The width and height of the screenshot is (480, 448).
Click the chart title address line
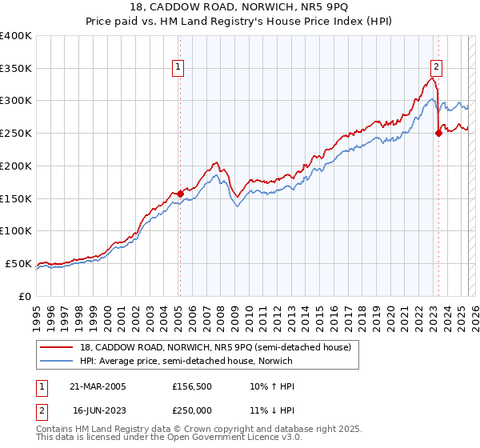click(x=239, y=9)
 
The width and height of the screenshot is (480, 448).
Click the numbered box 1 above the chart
click(x=177, y=67)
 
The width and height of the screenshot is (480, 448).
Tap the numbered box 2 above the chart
click(x=437, y=67)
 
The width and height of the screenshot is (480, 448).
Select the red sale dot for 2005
click(x=180, y=193)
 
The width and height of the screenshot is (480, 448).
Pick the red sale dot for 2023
click(x=438, y=133)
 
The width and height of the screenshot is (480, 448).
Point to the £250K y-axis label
click(x=15, y=133)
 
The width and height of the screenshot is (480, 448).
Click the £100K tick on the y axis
click(x=15, y=230)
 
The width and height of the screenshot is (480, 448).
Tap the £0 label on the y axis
click(x=24, y=296)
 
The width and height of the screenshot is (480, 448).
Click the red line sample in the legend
click(x=56, y=347)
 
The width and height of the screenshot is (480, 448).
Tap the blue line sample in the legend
click(x=56, y=361)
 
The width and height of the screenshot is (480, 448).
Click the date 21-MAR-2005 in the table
click(x=99, y=386)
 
